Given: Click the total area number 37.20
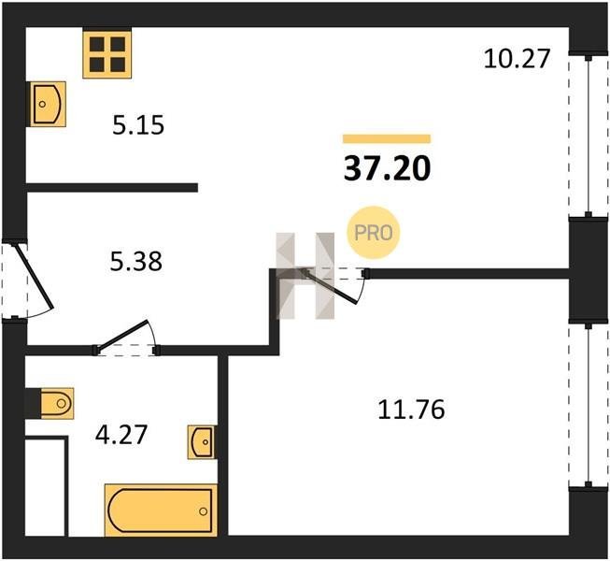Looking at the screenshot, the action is pyautogui.click(x=387, y=169).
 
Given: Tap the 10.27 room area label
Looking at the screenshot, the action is pyautogui.click(x=517, y=59).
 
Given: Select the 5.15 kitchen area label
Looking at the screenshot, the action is pyautogui.click(x=138, y=125).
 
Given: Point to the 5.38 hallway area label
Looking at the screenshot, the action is pyautogui.click(x=135, y=261).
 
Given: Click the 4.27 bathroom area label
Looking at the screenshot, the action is pyautogui.click(x=121, y=435).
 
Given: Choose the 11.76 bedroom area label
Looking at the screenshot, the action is pyautogui.click(x=411, y=410).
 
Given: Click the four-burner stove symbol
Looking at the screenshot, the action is pyautogui.click(x=107, y=54).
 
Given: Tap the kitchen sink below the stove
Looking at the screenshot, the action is pyautogui.click(x=46, y=104).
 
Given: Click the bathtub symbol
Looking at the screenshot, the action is pyautogui.click(x=161, y=511).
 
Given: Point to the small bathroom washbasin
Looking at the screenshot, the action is pyautogui.click(x=202, y=442).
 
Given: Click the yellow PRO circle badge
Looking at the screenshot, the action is pyautogui.click(x=374, y=233).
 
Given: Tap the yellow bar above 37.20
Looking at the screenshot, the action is pyautogui.click(x=387, y=139).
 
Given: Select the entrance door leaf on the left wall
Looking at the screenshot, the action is pyautogui.click(x=34, y=275).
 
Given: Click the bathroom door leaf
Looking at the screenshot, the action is pyautogui.click(x=122, y=334).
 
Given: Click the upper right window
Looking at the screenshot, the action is pyautogui.click(x=589, y=135).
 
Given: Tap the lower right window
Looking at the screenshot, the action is pyautogui.click(x=589, y=405).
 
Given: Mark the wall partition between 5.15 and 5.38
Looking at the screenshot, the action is pyautogui.click(x=112, y=188).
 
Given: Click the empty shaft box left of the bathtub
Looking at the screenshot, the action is pyautogui.click(x=45, y=486).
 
